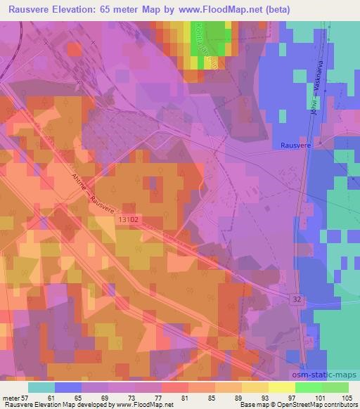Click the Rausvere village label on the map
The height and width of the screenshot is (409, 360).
295,145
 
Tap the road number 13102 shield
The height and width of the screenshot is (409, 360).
127,221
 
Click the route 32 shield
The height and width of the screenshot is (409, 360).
297,299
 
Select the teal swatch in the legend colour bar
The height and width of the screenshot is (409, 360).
41,387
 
